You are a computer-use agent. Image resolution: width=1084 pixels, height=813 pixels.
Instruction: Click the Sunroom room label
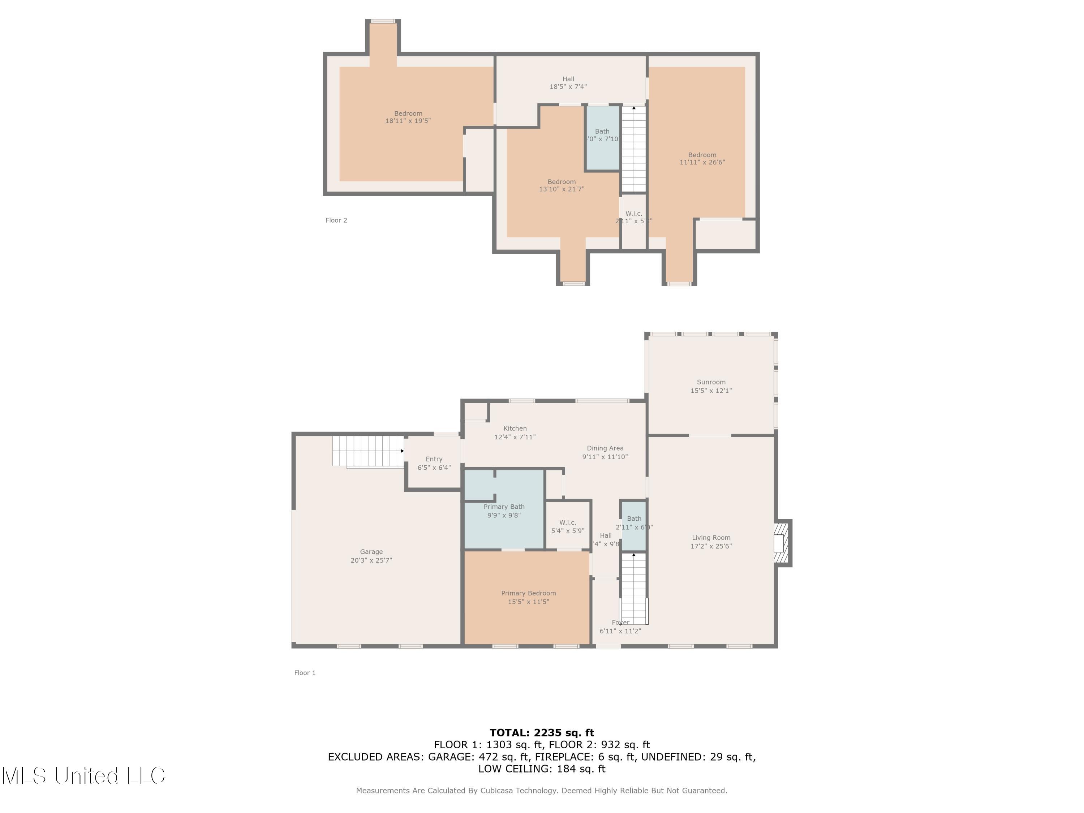[x=711, y=382]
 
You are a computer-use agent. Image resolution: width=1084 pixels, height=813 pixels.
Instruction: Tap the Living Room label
[x=711, y=538]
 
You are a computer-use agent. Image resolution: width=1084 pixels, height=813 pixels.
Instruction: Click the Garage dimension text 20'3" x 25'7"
[x=371, y=560]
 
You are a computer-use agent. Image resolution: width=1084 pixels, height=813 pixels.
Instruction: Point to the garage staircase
[x=367, y=451]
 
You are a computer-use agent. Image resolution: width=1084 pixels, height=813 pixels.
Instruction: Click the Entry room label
[x=434, y=459]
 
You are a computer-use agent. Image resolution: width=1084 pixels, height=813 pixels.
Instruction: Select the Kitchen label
[x=515, y=428]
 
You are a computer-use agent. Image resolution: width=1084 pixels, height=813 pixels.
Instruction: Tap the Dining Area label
[x=605, y=448]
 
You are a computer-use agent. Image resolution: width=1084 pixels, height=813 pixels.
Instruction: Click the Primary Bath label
[x=504, y=507]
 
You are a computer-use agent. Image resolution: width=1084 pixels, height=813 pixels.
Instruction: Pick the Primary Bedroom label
[x=528, y=593]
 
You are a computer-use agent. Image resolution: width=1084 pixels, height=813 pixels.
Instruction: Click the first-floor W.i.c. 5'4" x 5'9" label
[x=568, y=526]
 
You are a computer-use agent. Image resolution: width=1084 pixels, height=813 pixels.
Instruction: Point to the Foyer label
[x=620, y=622]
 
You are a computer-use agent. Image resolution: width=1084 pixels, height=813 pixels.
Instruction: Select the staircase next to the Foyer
[x=634, y=588]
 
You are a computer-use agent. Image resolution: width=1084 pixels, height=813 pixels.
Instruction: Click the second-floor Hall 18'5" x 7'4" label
[x=568, y=82]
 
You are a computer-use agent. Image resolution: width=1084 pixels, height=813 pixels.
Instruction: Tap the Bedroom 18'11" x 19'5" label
[x=408, y=117]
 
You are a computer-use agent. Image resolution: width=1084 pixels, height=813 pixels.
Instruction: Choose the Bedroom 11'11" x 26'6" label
[x=702, y=158]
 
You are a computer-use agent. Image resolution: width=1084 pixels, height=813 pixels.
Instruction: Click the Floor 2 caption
[x=336, y=220]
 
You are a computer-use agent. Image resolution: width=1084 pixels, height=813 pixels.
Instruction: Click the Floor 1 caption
[x=305, y=673]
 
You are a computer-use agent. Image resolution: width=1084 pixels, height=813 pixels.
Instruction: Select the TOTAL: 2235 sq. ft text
[x=542, y=733]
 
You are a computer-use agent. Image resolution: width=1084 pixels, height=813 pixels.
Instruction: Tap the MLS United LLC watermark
[x=83, y=775]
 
